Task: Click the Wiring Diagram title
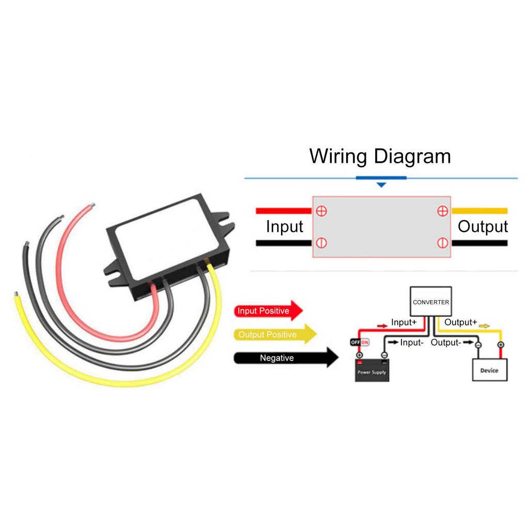click(x=380, y=156)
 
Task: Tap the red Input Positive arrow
click(x=268, y=310)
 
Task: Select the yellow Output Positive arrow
click(x=275, y=334)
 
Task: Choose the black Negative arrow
click(x=286, y=357)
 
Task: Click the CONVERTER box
click(x=430, y=302)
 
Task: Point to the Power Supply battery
click(x=372, y=370)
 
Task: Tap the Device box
click(x=490, y=370)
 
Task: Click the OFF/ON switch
click(x=360, y=342)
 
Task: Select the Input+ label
click(x=404, y=322)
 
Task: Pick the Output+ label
click(x=460, y=322)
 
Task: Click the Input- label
click(x=412, y=343)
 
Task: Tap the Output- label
click(x=446, y=343)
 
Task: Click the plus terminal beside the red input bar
click(x=321, y=211)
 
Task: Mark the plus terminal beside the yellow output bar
click(x=442, y=211)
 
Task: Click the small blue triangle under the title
click(x=381, y=185)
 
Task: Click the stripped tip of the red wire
click(x=91, y=206)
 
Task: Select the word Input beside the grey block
click(x=285, y=227)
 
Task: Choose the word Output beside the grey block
click(x=483, y=227)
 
